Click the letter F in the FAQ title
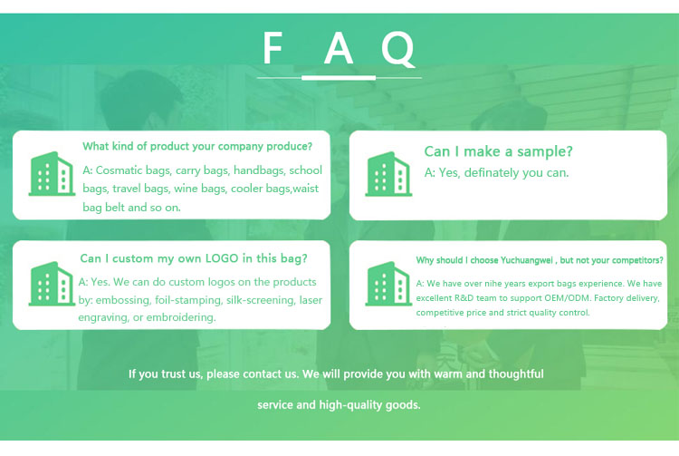click(x=273, y=48)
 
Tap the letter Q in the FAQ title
click(x=398, y=49)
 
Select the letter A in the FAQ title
click(x=339, y=48)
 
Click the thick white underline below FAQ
click(x=339, y=78)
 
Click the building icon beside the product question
click(x=52, y=173)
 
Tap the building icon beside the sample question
click(x=388, y=173)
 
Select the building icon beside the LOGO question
click(x=52, y=284)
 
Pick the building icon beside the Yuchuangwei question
click(x=388, y=284)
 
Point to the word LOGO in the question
click(x=222, y=258)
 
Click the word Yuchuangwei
click(x=527, y=260)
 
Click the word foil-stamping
click(x=188, y=300)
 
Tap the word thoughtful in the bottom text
click(x=516, y=374)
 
